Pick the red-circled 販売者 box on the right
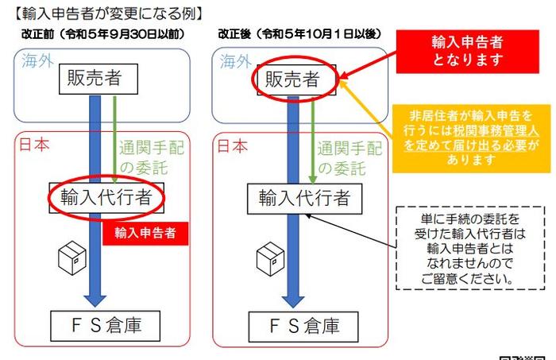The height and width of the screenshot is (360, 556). click(292, 79)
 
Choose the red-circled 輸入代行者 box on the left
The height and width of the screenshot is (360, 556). click(106, 196)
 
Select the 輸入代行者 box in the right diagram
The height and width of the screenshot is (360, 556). click(303, 198)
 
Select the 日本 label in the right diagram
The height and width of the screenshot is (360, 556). click(232, 146)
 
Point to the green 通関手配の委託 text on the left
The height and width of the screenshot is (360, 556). click(148, 157)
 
